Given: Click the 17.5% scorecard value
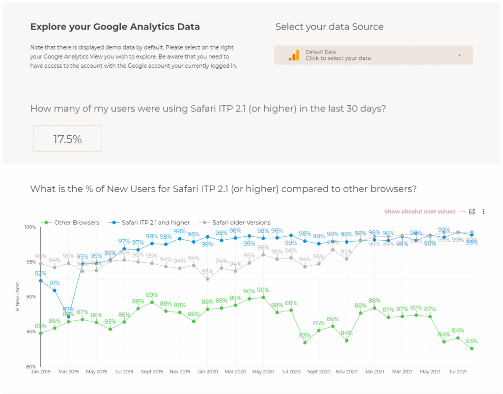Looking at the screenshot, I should [68, 139].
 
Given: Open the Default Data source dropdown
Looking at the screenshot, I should [373, 55].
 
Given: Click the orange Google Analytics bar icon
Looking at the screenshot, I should [294, 55].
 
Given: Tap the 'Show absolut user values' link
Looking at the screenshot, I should [420, 212].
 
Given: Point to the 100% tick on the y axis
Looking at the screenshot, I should [30, 227].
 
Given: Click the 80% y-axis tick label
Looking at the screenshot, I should [30, 366].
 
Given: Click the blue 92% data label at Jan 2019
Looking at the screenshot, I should [40, 273].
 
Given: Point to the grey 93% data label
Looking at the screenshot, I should [207, 271].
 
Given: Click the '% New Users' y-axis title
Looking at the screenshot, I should [18, 297].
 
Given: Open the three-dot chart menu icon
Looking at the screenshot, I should [483, 212].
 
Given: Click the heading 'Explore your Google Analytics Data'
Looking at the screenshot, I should [115, 27].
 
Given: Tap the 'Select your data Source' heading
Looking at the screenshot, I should [329, 27].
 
